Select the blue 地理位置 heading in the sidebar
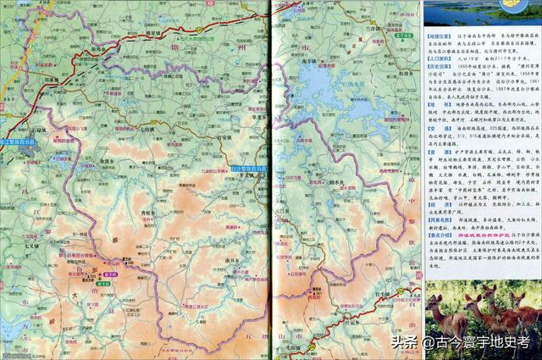click(x=438, y=37)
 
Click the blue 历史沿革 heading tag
click(x=438, y=87)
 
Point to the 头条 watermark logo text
click(x=405, y=342)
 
